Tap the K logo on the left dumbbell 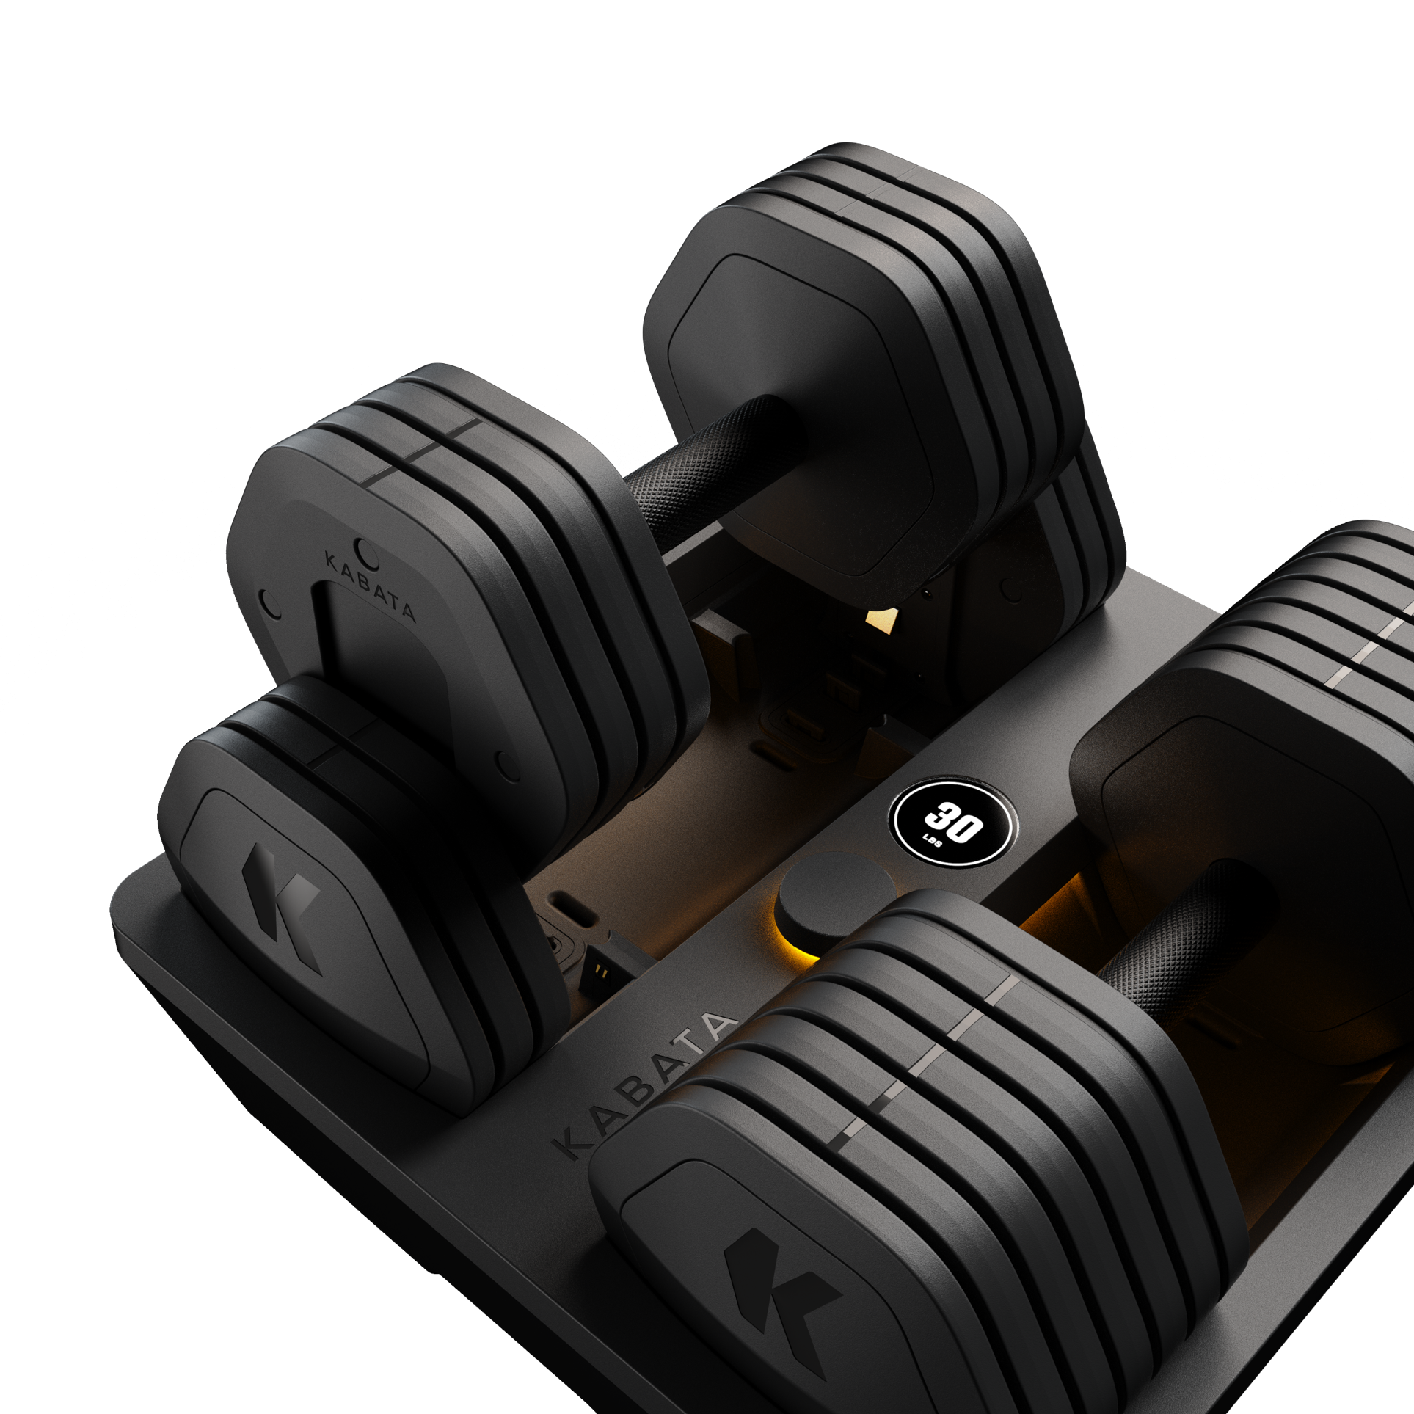click(x=282, y=907)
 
